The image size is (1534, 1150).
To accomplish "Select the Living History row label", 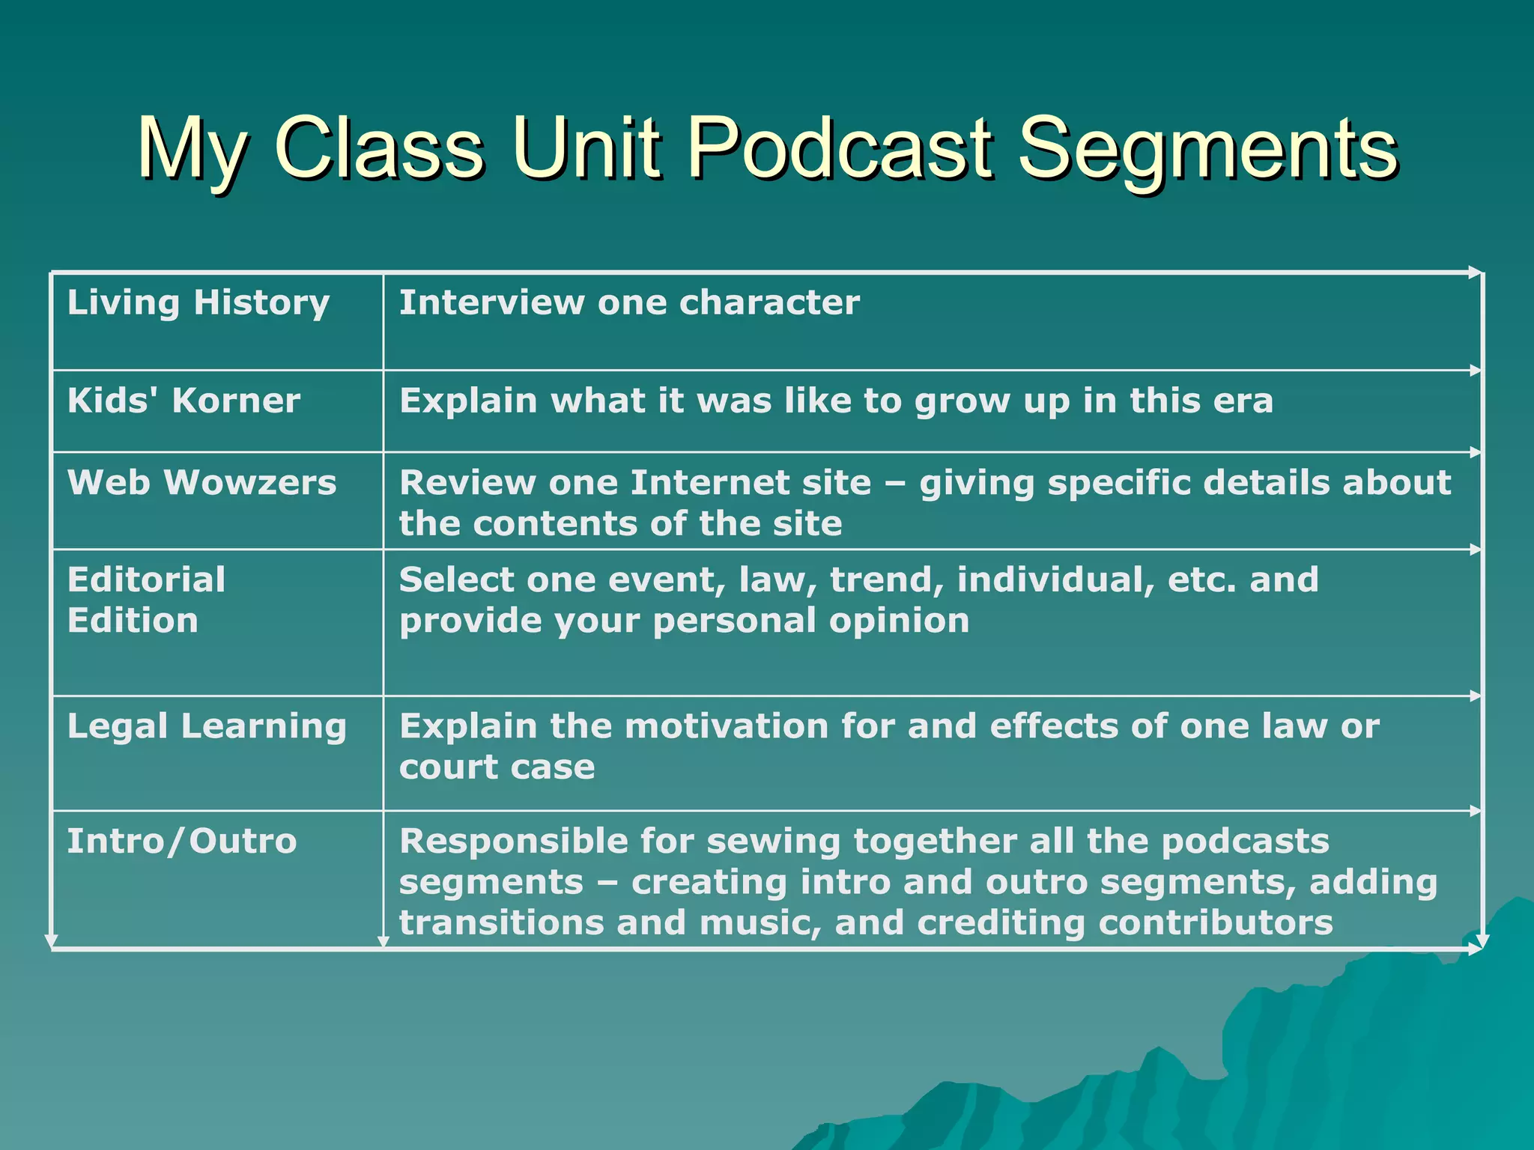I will tap(198, 302).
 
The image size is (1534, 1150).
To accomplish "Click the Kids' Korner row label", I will tap(184, 401).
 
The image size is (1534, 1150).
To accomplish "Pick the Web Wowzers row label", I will tap(201, 483).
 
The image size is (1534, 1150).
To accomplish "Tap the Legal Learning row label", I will tap(207, 726).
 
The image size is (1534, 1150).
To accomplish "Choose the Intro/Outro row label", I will tap(182, 842).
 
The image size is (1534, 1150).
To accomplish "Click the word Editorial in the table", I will tap(146, 580).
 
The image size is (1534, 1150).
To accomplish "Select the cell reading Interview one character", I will tap(629, 302).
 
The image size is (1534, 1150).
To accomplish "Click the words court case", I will tap(497, 767).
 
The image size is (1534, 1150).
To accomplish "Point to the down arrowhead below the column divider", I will tap(383, 941).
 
